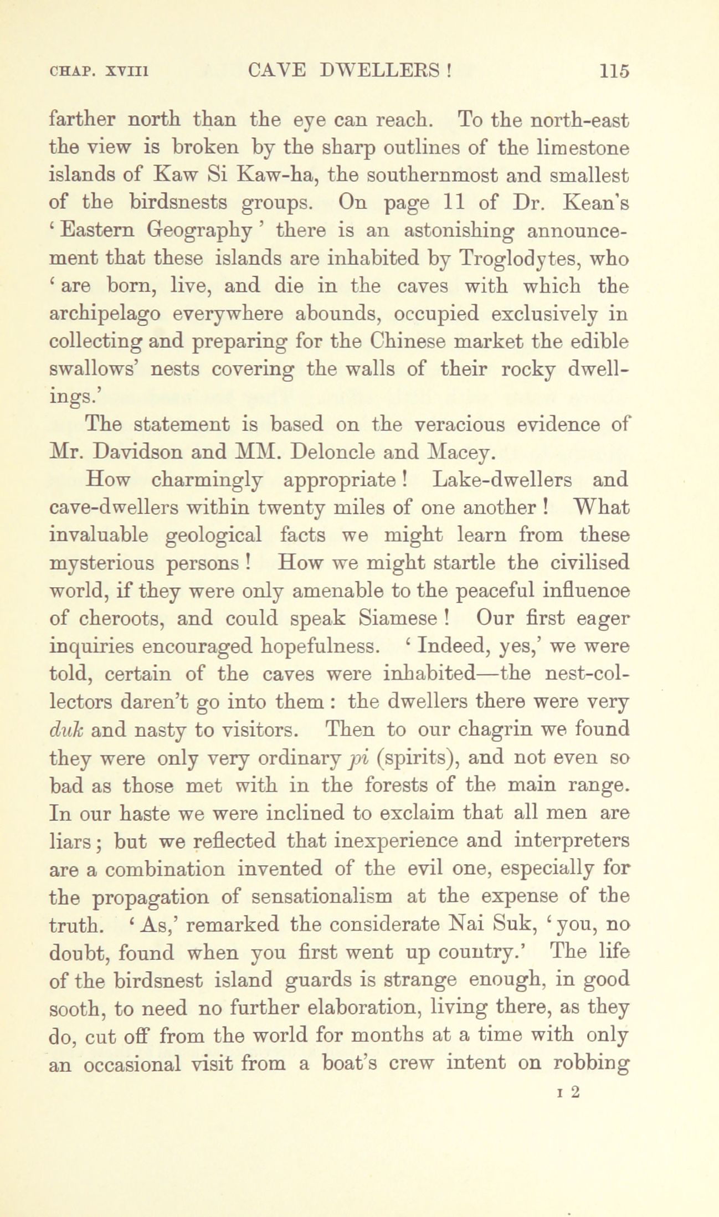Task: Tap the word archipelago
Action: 105,315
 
